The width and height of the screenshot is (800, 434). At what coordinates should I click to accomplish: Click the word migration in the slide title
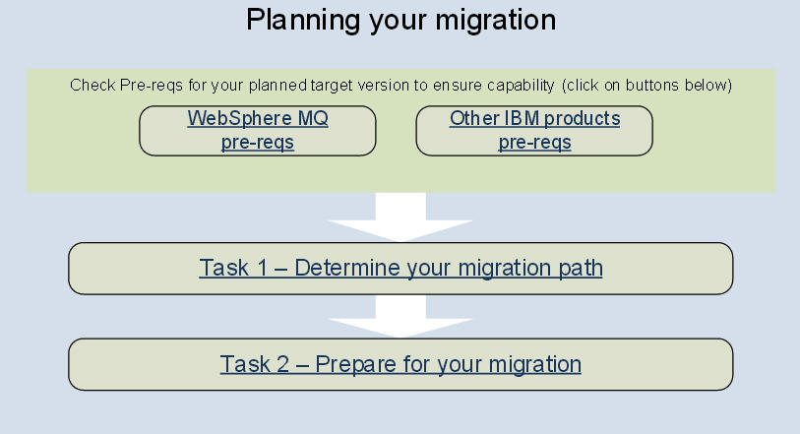(495, 22)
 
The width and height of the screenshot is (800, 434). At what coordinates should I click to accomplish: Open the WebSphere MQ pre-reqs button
(258, 131)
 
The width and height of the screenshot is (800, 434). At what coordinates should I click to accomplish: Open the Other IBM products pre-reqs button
(534, 131)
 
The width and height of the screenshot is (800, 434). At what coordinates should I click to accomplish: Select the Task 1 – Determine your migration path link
(400, 268)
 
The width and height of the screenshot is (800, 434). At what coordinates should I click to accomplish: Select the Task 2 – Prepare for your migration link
(400, 364)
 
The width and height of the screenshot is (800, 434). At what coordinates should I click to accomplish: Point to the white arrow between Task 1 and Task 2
(400, 316)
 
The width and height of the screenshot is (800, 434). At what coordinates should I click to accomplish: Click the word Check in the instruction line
(92, 85)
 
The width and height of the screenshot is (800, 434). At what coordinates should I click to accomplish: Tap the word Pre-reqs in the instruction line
(151, 86)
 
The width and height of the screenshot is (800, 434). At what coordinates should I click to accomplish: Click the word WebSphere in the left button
(240, 118)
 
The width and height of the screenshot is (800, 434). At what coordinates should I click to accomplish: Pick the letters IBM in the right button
(522, 118)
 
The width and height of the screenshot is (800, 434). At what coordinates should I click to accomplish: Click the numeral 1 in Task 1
(263, 268)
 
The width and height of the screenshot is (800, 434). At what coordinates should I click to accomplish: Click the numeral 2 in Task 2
(282, 364)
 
